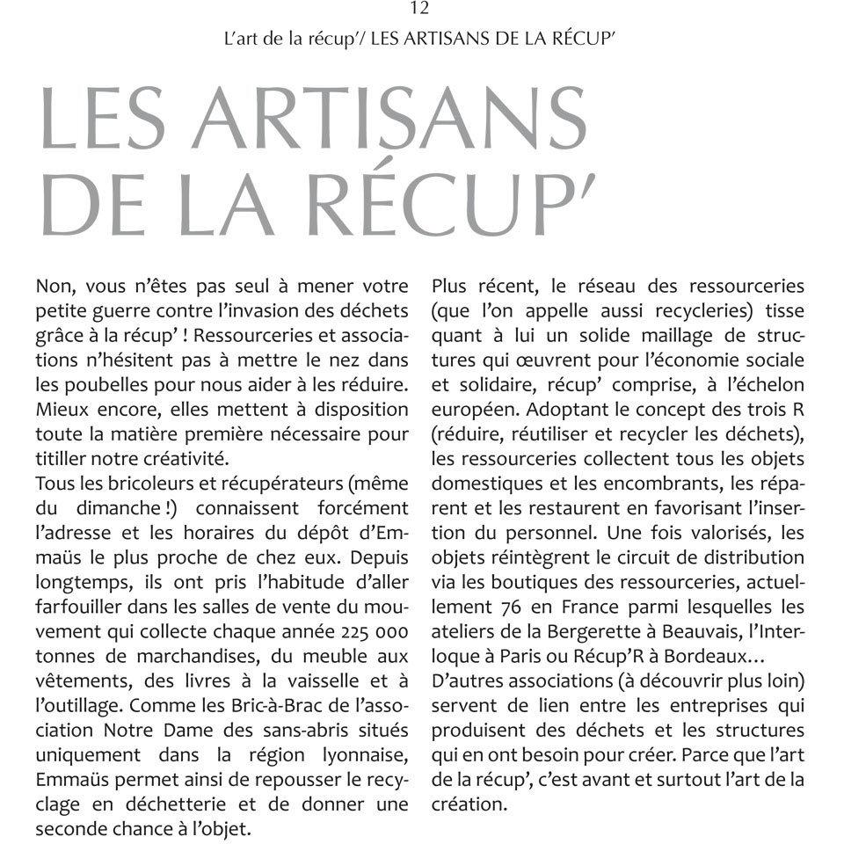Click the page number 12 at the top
(x=419, y=10)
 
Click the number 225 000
(x=367, y=630)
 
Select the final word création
(x=469, y=804)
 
